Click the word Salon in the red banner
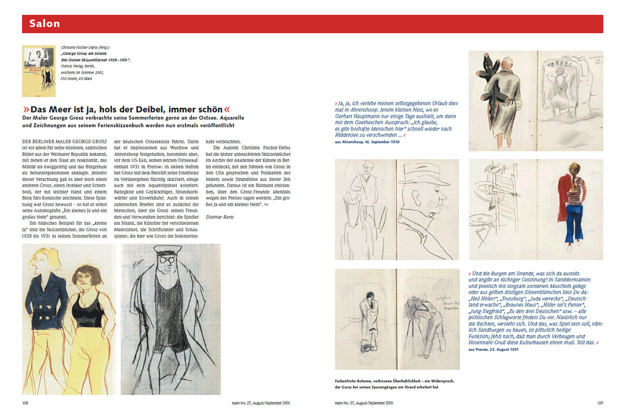tap(44, 23)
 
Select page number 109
tap(599, 403)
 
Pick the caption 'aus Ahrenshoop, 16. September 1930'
tap(367, 142)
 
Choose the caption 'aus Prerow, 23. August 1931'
tap(493, 349)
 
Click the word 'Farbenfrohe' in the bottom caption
tap(348, 381)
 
